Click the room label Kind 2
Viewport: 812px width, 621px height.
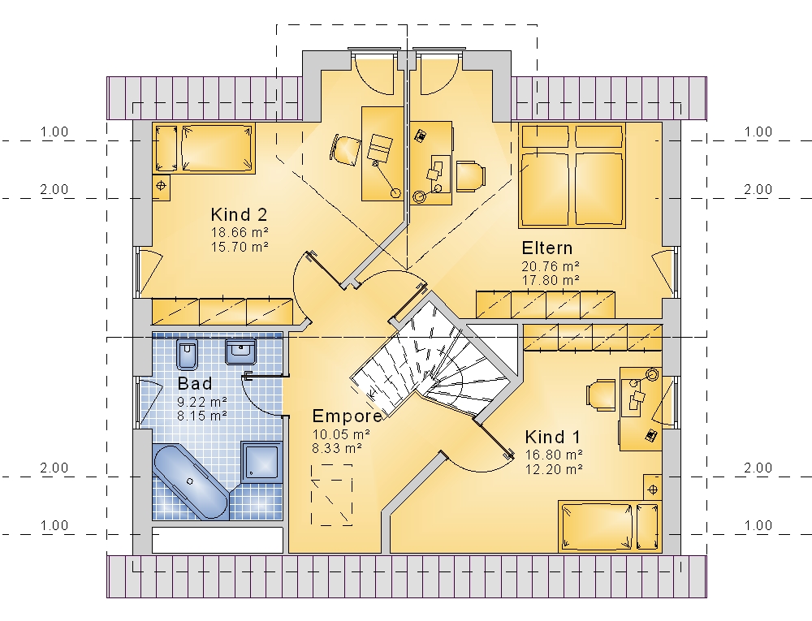point(239,214)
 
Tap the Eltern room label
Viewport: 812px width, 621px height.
point(546,248)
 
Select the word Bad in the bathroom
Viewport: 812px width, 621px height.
point(195,383)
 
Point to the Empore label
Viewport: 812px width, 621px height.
point(347,416)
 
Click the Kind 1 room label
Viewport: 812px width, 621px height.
point(552,438)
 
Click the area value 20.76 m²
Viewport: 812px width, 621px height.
point(550,266)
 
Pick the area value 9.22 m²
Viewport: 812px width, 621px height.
point(202,402)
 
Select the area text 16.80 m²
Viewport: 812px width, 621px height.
point(554,455)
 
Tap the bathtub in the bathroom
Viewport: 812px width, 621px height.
point(190,481)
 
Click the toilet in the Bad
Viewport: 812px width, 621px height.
point(187,355)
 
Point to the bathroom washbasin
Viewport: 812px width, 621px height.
point(240,352)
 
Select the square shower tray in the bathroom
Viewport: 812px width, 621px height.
point(261,462)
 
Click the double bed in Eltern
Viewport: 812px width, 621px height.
point(572,175)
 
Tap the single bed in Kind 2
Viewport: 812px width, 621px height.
point(204,148)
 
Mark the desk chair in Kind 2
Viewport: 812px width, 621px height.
point(344,149)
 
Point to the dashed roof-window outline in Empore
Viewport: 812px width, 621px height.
point(331,494)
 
